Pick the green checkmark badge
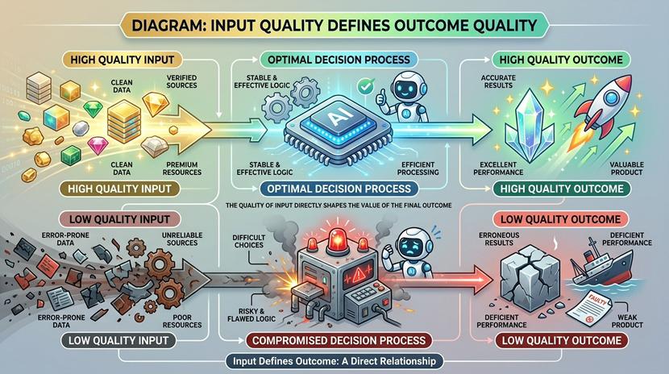tap(364, 84)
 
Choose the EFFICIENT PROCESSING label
tap(418, 168)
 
